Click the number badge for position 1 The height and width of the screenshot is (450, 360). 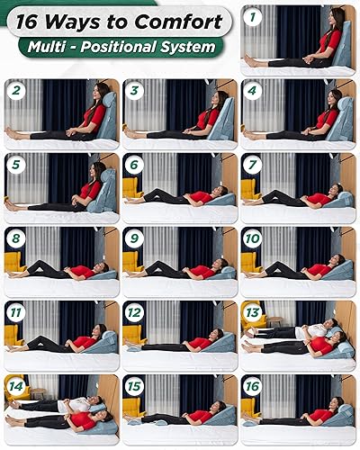point(254,16)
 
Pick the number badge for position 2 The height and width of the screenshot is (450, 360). point(14,90)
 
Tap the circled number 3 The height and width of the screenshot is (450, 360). point(134,90)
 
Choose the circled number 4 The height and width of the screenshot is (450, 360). point(253,90)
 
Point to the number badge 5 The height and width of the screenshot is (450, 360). point(14,164)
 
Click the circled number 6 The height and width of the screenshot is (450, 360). point(134,164)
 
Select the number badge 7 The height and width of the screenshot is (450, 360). point(253,164)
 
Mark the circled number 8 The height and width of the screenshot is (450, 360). point(14,238)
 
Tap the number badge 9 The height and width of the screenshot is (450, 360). point(134,238)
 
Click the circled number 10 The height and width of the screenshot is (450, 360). point(253,238)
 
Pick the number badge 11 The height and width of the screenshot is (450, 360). point(14,311)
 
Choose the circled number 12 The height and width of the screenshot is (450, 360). point(134,311)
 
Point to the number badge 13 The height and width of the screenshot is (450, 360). point(253,311)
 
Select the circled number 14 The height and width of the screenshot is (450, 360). point(14,385)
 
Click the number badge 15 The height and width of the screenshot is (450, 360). point(134,385)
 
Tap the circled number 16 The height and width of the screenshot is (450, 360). point(253,385)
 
